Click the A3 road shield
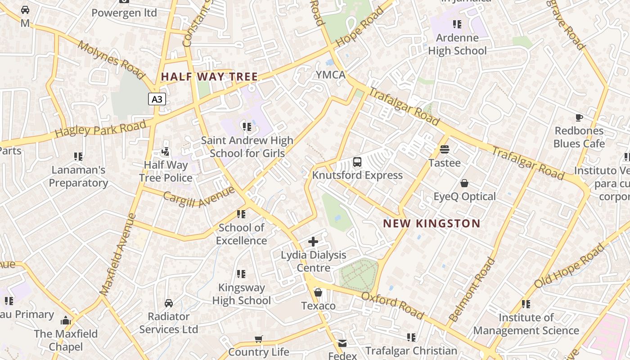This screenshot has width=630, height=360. tap(157, 99)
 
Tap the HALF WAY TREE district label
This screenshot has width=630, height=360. tap(210, 77)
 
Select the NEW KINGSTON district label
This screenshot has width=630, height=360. tap(432, 223)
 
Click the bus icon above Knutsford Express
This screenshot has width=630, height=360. tap(357, 162)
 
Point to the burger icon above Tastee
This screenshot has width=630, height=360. tap(445, 149)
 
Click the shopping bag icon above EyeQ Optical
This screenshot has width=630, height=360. tap(464, 183)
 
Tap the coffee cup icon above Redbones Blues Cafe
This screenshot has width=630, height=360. tap(579, 118)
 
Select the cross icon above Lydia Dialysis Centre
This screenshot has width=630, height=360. tap(313, 242)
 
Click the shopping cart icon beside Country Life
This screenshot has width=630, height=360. tap(258, 339)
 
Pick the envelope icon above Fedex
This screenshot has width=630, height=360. tap(342, 343)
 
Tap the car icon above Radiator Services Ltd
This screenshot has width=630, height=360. tap(169, 303)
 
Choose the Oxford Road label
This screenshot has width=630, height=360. tap(392, 305)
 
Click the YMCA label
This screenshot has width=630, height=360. tap(330, 75)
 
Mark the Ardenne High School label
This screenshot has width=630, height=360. tap(457, 44)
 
